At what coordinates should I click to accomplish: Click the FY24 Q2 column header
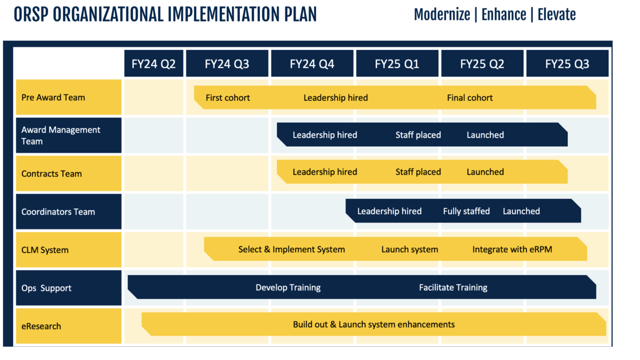153,63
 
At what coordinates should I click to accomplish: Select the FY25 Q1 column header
397,63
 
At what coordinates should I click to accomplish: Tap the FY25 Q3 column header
567,63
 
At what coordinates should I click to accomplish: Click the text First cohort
227,98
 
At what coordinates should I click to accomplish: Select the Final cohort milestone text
469,98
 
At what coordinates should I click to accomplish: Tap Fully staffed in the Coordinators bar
466,211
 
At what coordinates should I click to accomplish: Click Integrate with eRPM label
512,249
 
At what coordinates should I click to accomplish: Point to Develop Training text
288,287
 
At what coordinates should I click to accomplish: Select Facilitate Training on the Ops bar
453,287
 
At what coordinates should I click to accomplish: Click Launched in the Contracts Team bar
485,172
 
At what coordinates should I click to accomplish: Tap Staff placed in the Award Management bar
418,135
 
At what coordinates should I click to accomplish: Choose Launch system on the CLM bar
409,249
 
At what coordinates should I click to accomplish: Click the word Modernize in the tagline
442,14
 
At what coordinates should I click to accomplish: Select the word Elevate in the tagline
556,14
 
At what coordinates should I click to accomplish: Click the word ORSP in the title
31,15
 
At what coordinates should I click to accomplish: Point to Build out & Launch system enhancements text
373,324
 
